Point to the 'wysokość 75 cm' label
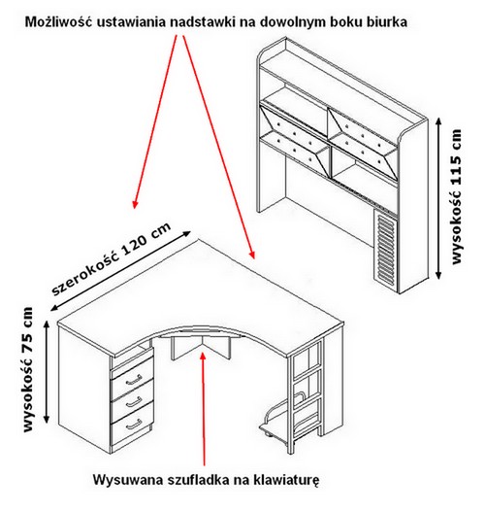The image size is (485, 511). tap(29, 369)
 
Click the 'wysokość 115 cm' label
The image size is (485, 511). tap(457, 196)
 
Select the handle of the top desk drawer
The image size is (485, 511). tap(134, 379)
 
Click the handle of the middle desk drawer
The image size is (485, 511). tap(134, 402)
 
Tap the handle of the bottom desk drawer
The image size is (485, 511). tap(134, 424)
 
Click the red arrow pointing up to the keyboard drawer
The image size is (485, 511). tap(204, 409)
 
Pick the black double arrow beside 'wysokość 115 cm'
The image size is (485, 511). tap(438, 198)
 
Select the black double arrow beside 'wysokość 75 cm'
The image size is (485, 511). tap(47, 372)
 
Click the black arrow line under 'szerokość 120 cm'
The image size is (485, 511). tap(120, 270)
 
